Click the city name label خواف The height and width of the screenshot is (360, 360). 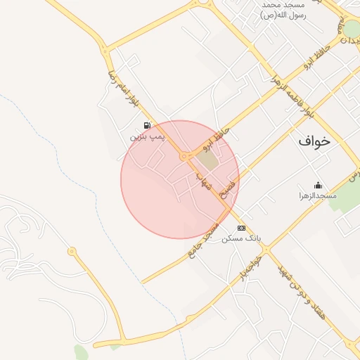pyautogui.click(x=314, y=141)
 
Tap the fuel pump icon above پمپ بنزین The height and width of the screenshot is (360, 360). pyautogui.click(x=147, y=125)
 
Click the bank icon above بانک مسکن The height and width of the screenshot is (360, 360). pyautogui.click(x=241, y=228)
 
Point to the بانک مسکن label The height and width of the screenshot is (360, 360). pyautogui.click(x=241, y=238)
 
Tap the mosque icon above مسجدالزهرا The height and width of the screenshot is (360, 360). pyautogui.click(x=318, y=185)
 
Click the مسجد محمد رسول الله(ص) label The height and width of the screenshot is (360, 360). pyautogui.click(x=283, y=10)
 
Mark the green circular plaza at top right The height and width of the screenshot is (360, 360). pyautogui.click(x=352, y=28)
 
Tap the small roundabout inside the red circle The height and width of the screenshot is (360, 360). pyautogui.click(x=184, y=155)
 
